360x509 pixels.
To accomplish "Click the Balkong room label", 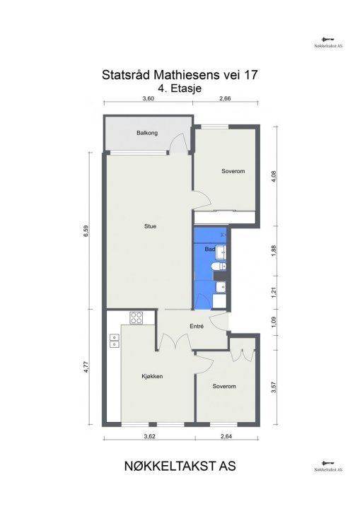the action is [x=147, y=133].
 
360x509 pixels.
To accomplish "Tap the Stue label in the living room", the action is [x=150, y=226].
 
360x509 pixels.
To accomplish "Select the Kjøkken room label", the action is [x=152, y=377].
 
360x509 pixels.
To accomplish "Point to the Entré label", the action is [x=197, y=326].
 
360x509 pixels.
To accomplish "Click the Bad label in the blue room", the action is [x=210, y=250].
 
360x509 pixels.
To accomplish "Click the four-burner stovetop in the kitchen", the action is [x=136, y=318].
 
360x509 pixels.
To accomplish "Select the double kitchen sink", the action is [x=115, y=341].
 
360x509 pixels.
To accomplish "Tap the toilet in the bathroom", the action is [x=219, y=267].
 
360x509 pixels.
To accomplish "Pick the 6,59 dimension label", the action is [x=86, y=230].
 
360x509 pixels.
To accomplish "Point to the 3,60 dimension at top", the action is [x=148, y=98].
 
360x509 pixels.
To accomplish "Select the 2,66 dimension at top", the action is [x=225, y=98].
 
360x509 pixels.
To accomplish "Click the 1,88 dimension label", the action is [x=274, y=251].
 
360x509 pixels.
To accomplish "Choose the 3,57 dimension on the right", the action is [x=274, y=387].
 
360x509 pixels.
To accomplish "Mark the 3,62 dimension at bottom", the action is [x=149, y=437].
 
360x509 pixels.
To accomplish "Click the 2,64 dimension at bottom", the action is [x=226, y=437].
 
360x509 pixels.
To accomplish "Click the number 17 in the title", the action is [x=251, y=75].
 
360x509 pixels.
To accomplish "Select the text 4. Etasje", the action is [x=180, y=88].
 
